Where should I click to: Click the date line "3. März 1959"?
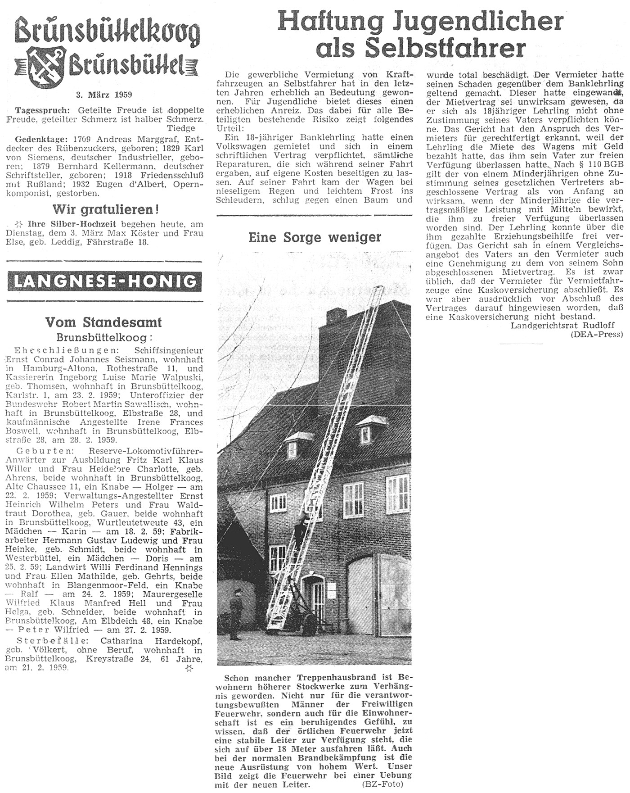coord(104,95)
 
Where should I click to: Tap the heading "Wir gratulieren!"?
coord(105,209)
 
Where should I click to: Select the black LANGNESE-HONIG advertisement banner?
coord(105,282)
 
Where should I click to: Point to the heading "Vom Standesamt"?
coord(103,322)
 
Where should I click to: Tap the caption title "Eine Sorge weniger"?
coord(315,237)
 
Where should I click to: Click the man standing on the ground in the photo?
coord(235,611)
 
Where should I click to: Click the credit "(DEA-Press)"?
coord(596,335)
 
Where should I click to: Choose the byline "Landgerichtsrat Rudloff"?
coord(562,325)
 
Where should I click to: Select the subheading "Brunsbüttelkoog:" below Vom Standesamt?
coord(104,337)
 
